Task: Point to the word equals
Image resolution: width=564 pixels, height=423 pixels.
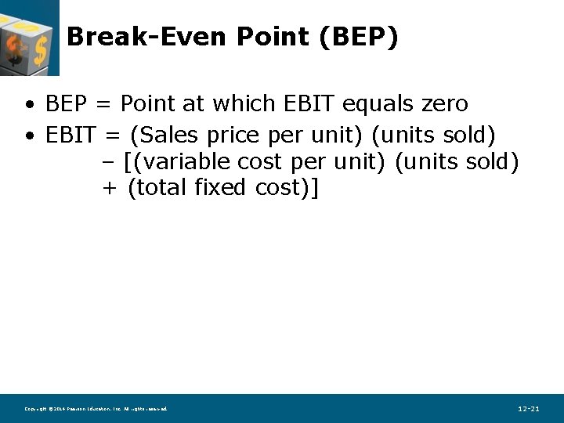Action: pos(365,104)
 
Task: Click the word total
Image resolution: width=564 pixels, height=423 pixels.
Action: pos(150,189)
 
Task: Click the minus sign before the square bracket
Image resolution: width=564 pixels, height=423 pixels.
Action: pos(109,163)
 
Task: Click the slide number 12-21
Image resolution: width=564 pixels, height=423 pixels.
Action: pos(528,409)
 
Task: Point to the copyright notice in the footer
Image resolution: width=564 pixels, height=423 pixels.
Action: pos(96,409)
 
